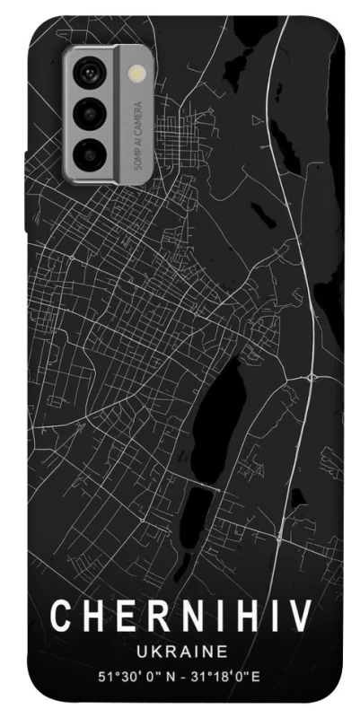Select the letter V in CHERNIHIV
pos(300,617)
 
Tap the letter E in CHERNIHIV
pos(120,617)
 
